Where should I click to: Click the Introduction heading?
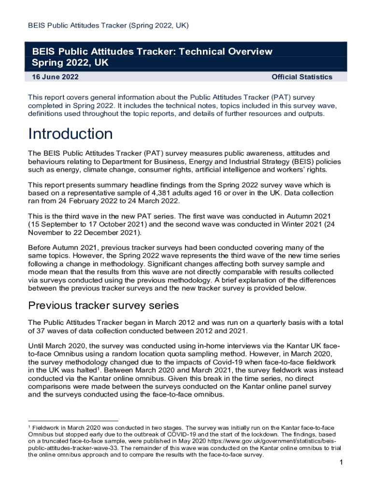(71, 134)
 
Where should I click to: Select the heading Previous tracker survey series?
(103, 306)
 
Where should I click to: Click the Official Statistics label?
(302, 77)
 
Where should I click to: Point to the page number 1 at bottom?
(341, 464)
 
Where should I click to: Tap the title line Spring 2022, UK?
(70, 63)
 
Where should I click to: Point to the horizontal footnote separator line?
(73, 421)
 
